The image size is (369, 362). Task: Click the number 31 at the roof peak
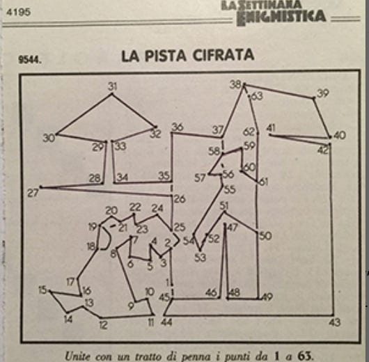pyautogui.click(x=112, y=86)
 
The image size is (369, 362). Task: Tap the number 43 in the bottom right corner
pyautogui.click(x=335, y=322)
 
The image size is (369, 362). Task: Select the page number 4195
pyautogui.click(x=19, y=13)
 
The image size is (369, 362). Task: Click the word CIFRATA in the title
pyautogui.click(x=223, y=55)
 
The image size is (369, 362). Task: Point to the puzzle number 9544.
pyautogui.click(x=30, y=60)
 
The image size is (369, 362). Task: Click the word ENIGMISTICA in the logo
pyautogui.click(x=282, y=17)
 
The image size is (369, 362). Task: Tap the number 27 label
pyautogui.click(x=33, y=194)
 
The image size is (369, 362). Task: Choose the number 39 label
pyautogui.click(x=322, y=93)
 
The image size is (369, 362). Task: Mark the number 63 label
pyautogui.click(x=257, y=96)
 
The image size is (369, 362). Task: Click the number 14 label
pyautogui.click(x=68, y=320)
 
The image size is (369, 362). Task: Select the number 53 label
pyautogui.click(x=201, y=258)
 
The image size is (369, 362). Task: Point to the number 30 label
pyautogui.click(x=49, y=138)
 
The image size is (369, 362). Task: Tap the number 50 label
pyautogui.click(x=265, y=236)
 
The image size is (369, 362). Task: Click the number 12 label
pyautogui.click(x=103, y=325)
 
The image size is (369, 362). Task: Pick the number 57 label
pyautogui.click(x=200, y=178)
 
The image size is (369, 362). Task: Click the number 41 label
pyautogui.click(x=271, y=129)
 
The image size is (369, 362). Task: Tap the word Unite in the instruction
pyautogui.click(x=77, y=356)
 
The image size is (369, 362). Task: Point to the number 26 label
pyautogui.click(x=180, y=199)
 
